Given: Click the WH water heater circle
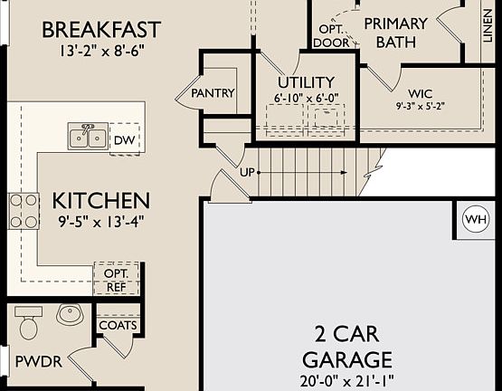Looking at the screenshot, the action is click(476, 220).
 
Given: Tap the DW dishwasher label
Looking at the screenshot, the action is click(125, 140).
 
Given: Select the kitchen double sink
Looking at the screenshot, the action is click(88, 136).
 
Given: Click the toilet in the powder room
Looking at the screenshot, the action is click(29, 323).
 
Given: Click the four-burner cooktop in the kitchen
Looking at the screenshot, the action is click(24, 211).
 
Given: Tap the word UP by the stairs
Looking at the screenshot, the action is click(247, 173).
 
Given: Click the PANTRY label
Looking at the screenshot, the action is click(213, 93).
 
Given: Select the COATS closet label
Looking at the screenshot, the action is click(118, 325).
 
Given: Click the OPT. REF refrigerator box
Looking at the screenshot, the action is click(117, 279).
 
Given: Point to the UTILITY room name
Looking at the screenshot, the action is click(306, 82).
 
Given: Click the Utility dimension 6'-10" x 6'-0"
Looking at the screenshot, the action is click(306, 99).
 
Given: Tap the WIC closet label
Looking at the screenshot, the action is click(421, 93).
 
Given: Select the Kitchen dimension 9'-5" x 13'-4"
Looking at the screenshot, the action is click(101, 222).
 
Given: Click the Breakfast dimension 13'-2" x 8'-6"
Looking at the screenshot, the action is click(101, 51).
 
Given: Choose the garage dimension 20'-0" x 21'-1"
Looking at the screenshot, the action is click(347, 381).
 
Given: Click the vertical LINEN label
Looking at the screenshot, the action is click(488, 25).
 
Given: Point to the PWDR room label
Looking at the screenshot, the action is click(39, 362).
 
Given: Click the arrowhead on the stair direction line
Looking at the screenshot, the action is click(343, 173).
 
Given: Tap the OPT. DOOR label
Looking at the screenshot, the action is click(331, 36).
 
